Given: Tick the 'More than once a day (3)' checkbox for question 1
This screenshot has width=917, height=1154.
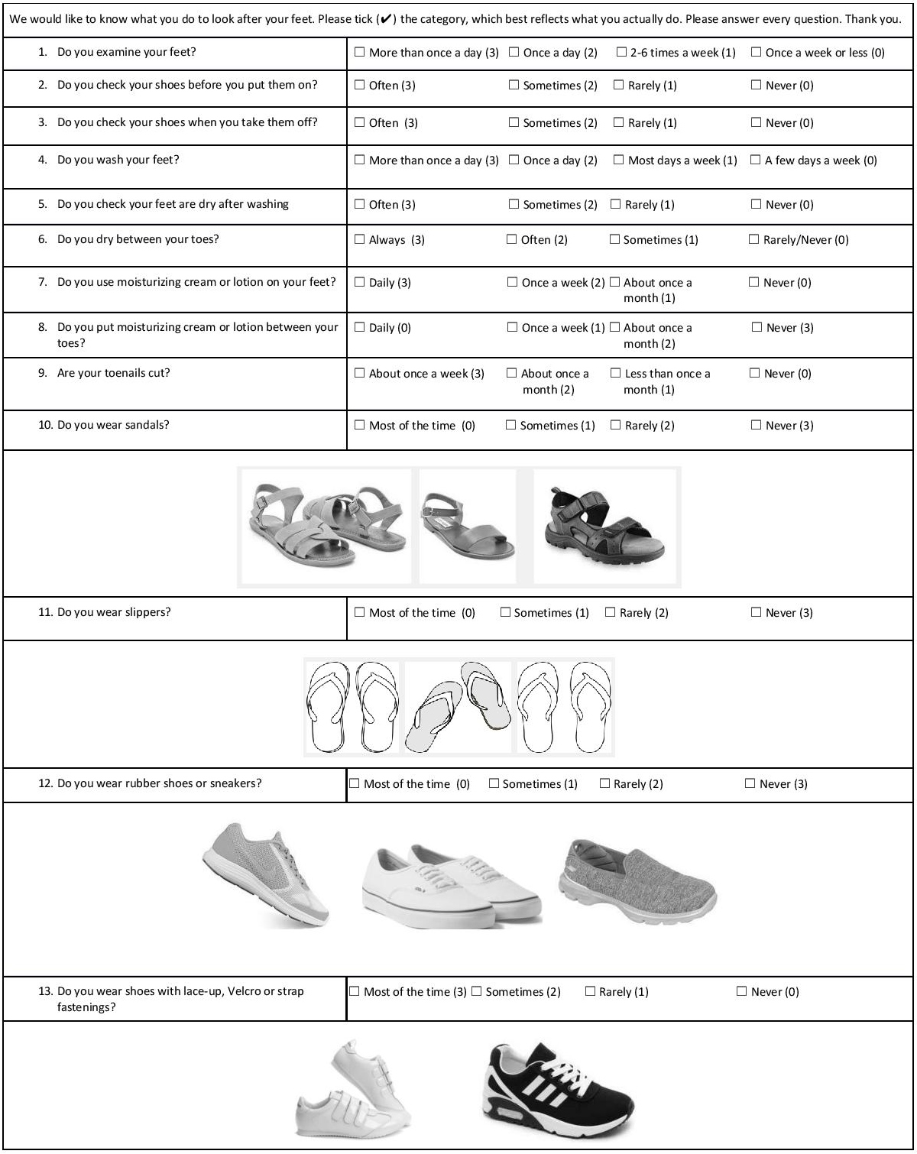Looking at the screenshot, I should click(x=360, y=53).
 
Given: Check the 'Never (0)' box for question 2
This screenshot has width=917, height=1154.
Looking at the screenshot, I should click(x=757, y=86).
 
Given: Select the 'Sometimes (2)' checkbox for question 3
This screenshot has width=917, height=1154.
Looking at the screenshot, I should click(x=514, y=123).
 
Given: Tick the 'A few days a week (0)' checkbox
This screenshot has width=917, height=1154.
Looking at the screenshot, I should click(x=756, y=160).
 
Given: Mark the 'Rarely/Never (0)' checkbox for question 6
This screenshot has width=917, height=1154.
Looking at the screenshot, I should click(x=754, y=240).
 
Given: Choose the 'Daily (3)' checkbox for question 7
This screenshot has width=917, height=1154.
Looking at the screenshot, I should click(x=360, y=283).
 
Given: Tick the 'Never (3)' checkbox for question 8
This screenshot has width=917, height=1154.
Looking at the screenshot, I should click(x=757, y=328).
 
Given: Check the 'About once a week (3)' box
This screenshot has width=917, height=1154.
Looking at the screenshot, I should click(x=360, y=374).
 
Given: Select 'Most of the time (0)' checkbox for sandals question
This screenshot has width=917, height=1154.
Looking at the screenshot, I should click(x=360, y=426).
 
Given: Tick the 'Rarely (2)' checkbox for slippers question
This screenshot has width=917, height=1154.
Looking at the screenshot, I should click(x=611, y=613).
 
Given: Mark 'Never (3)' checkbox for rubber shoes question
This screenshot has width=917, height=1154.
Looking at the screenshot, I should click(x=750, y=784).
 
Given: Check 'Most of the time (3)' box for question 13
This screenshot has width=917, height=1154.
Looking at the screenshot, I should click(x=355, y=992).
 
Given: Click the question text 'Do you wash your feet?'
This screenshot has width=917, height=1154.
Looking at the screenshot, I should click(x=118, y=160).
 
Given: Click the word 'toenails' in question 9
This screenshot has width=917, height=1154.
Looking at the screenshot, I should click(x=118, y=374).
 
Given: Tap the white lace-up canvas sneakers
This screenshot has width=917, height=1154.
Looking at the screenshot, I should click(x=451, y=887).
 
